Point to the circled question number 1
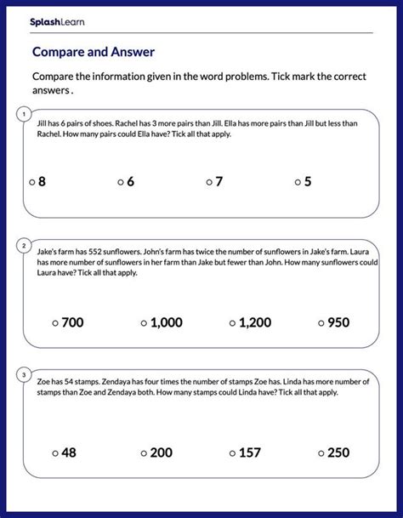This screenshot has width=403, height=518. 25,113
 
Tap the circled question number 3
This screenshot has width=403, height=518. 25,373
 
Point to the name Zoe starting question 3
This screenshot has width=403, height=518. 44,382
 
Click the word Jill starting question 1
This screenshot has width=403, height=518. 43,122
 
